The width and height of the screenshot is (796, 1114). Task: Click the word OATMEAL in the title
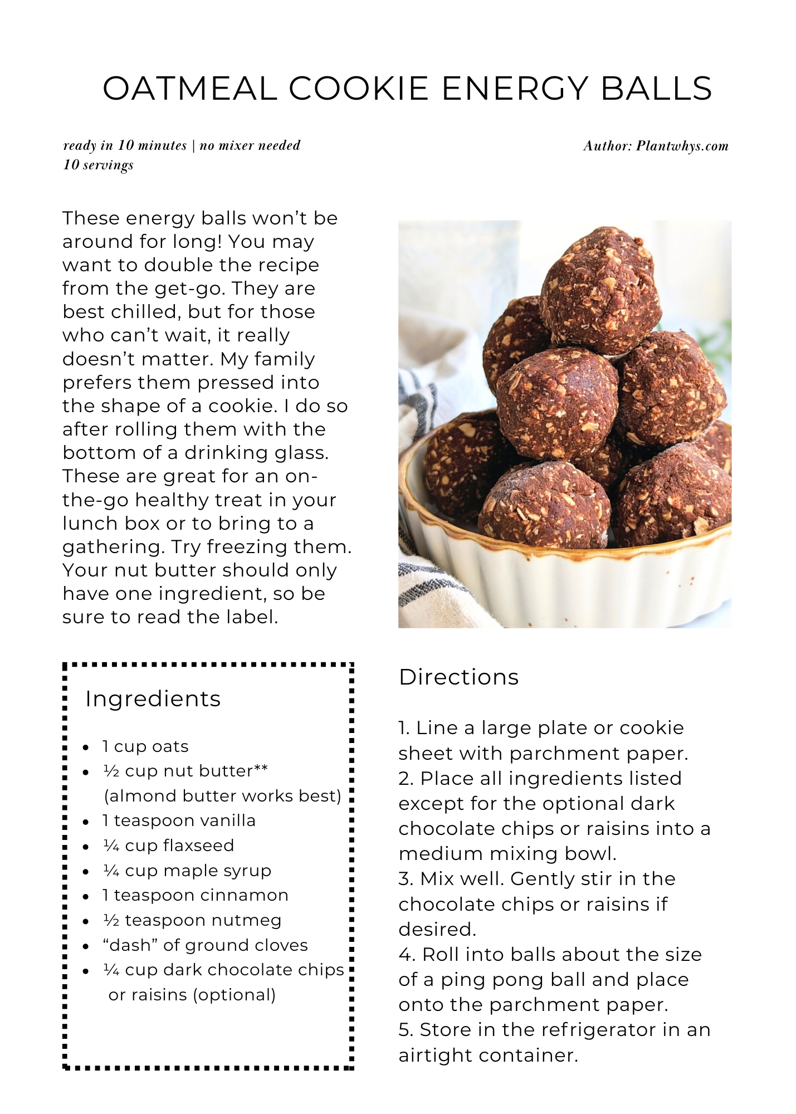190,89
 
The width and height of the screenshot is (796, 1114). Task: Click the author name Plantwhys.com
682,146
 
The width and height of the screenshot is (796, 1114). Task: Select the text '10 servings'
98,165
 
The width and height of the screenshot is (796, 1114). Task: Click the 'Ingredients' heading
153,698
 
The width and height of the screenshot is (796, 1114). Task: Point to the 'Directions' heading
458,677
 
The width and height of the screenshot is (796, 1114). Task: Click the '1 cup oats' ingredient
145,746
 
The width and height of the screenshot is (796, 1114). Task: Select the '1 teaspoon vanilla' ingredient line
179,820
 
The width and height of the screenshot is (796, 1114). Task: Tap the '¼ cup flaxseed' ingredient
169,846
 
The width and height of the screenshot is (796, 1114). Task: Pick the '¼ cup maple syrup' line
187,870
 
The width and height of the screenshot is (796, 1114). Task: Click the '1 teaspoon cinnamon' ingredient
196,895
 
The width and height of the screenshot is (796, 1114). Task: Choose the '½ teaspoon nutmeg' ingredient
192,920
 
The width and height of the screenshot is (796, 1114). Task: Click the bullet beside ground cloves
86,946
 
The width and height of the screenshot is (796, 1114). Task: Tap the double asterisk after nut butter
261,769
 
